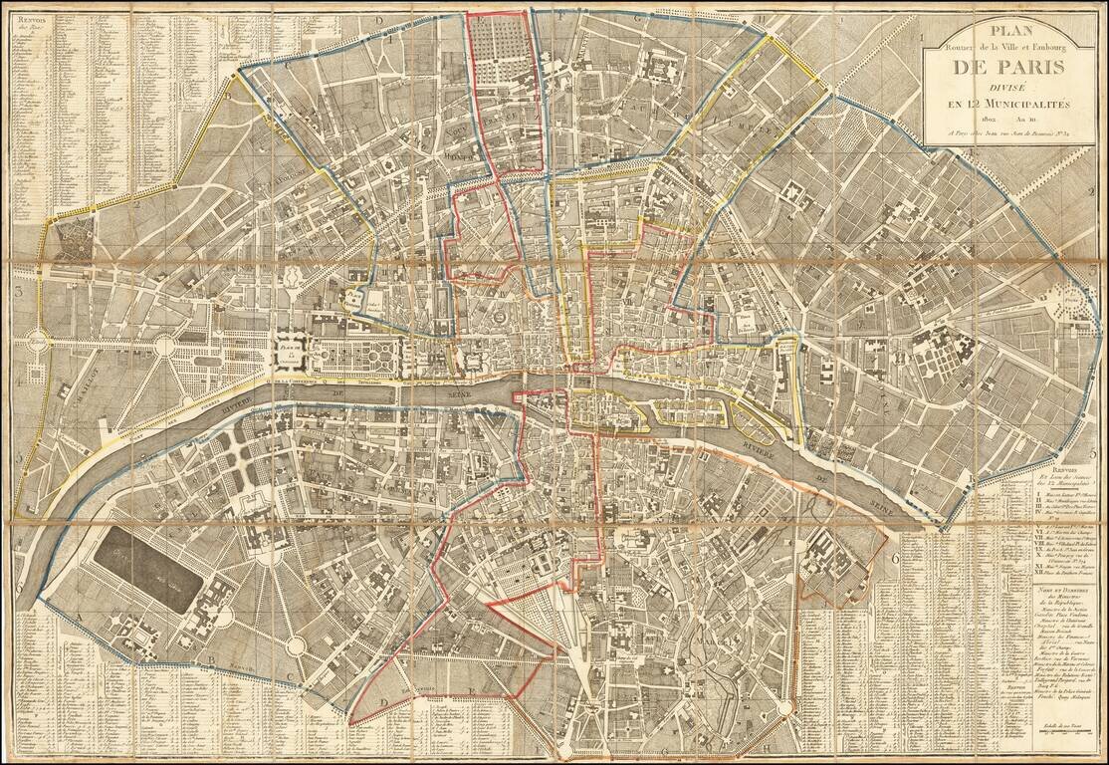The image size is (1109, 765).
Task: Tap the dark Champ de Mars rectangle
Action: (149, 571)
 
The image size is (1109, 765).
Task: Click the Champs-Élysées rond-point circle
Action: (165, 346)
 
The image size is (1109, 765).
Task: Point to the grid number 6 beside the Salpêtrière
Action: (895, 559)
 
